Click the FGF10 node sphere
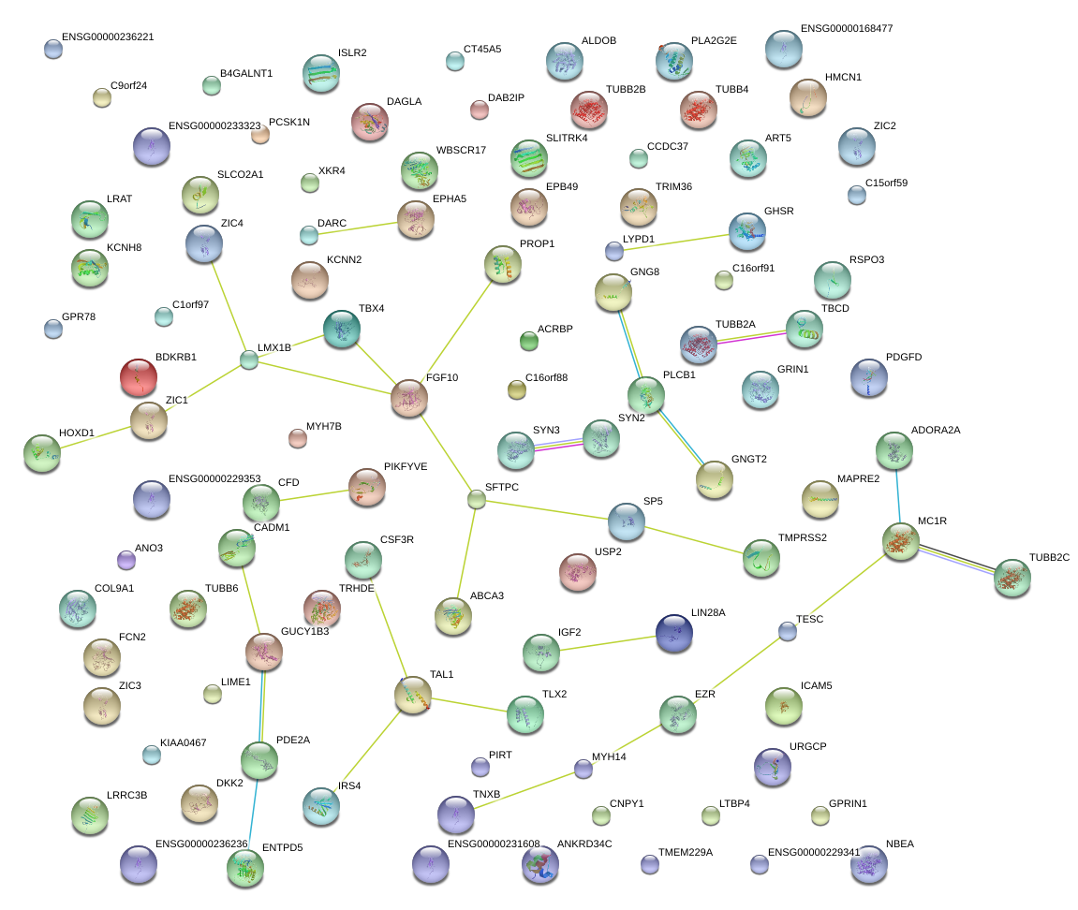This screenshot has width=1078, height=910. (x=409, y=398)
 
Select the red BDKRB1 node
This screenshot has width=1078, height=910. (x=139, y=377)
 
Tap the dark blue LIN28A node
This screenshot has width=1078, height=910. (x=673, y=633)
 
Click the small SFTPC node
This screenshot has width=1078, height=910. (x=477, y=499)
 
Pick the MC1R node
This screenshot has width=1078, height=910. (x=901, y=542)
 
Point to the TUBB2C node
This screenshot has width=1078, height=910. (x=1012, y=578)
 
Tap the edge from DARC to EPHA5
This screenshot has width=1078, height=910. (x=358, y=227)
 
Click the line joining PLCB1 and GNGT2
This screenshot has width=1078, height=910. (x=681, y=437)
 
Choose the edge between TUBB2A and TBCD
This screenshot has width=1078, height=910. (x=751, y=337)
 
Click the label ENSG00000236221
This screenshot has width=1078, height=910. (x=108, y=37)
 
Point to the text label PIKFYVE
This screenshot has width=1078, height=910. (x=406, y=466)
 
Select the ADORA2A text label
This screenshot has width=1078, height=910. (x=936, y=431)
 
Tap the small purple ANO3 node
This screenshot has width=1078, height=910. (x=126, y=560)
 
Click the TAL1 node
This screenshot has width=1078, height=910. (x=413, y=695)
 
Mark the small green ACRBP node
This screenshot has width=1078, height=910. (x=528, y=341)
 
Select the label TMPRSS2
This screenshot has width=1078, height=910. (x=803, y=538)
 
